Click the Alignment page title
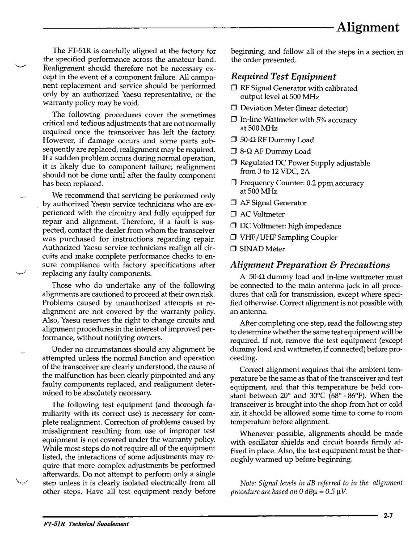(x=368, y=27)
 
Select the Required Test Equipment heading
(x=283, y=77)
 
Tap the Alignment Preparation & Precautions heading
(x=310, y=265)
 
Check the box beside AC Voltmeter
(x=234, y=215)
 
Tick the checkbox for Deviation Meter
(x=234, y=108)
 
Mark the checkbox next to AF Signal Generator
(x=234, y=203)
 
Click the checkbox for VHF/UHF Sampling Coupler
(x=234, y=238)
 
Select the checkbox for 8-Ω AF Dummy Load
(x=234, y=152)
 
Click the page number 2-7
(x=388, y=516)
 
